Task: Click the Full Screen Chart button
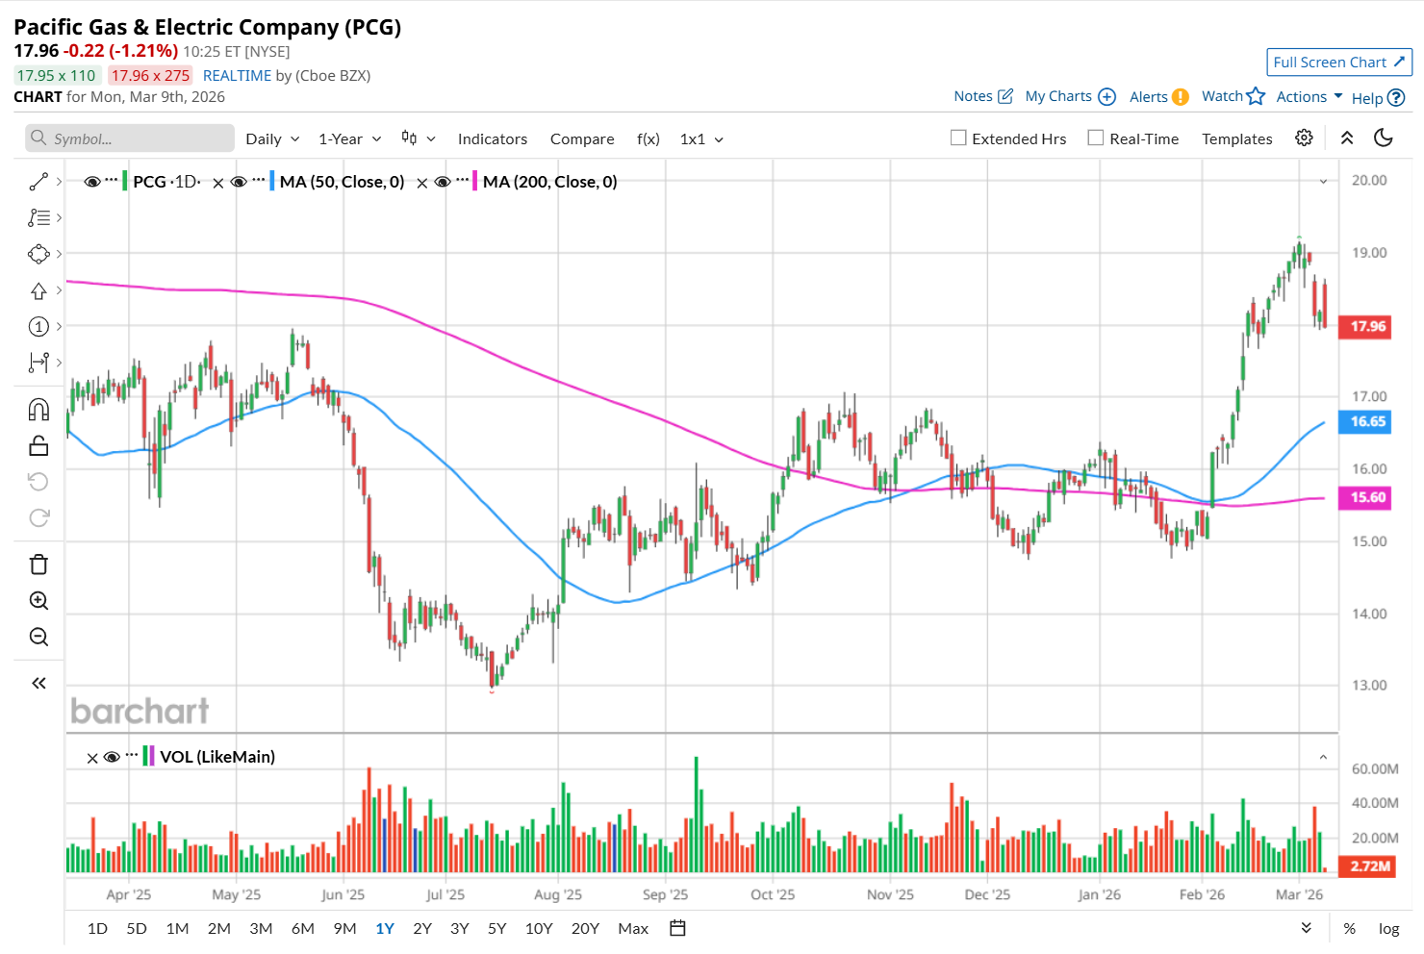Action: [1338, 63]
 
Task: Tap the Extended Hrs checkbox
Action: [958, 138]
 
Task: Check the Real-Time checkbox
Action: [1096, 138]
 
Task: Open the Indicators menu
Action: [492, 139]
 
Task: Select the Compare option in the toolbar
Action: [582, 139]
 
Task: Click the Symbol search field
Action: [130, 138]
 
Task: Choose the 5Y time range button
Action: [496, 928]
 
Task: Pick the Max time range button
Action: [633, 928]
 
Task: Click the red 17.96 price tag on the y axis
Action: [1367, 327]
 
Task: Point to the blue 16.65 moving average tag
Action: [1367, 421]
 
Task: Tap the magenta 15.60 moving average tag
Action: [1367, 497]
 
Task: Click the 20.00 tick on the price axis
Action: [1369, 180]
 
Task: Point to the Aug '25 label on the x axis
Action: [558, 894]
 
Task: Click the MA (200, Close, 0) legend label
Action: [549, 182]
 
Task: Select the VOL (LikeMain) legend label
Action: [217, 757]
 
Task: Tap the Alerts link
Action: [1149, 97]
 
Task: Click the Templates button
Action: [1236, 139]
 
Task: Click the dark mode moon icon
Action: [1384, 138]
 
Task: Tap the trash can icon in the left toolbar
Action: [38, 565]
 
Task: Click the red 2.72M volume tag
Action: [1369, 866]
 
